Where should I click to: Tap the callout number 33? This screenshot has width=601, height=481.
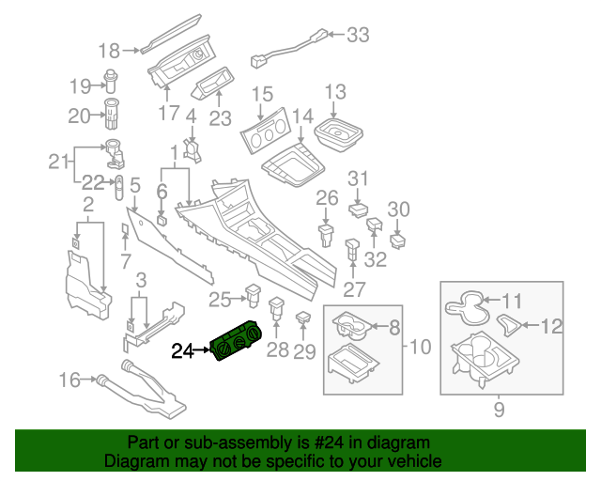(358, 36)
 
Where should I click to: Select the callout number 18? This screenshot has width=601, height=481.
(110, 50)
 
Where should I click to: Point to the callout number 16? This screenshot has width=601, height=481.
(69, 380)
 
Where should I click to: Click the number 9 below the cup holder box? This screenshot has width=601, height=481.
(499, 409)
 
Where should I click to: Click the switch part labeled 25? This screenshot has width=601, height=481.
(253, 294)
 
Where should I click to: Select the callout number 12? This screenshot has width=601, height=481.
(552, 326)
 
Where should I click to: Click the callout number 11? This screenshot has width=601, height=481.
(511, 302)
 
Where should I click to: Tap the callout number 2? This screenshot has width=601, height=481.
(87, 204)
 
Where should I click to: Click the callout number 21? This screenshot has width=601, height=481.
(59, 162)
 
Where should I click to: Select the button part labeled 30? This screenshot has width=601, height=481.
(397, 240)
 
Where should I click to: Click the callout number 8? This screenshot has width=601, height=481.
(393, 326)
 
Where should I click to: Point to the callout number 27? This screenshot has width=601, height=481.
(352, 289)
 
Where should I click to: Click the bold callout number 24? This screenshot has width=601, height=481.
(181, 351)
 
